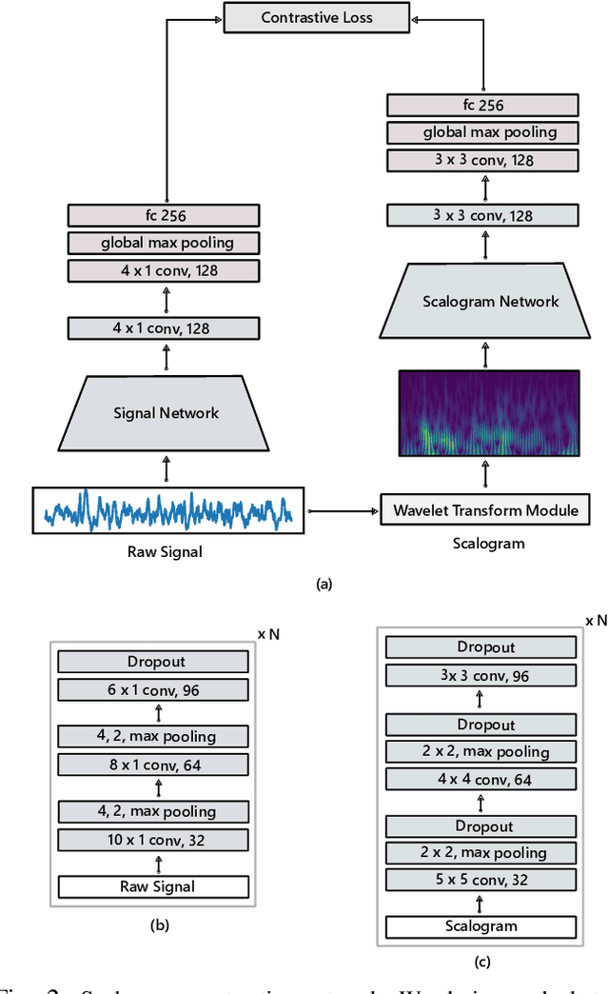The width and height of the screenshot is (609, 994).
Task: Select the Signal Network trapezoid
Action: pyautogui.click(x=167, y=412)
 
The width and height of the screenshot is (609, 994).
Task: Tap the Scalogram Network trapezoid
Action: pyautogui.click(x=490, y=302)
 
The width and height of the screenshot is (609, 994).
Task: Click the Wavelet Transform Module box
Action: pyautogui.click(x=485, y=510)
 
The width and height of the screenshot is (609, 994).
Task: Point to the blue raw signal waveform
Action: pyautogui.click(x=167, y=510)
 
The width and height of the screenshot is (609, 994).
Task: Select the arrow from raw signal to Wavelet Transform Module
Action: pyautogui.click(x=342, y=511)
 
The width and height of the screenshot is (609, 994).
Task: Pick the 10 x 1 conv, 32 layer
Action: pyautogui.click(x=153, y=840)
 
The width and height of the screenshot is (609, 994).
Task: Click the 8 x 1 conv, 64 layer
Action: pyautogui.click(x=153, y=765)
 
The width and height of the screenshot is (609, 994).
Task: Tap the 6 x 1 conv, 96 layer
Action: pyautogui.click(x=153, y=689)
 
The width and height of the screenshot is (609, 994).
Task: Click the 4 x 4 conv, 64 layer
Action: pyautogui.click(x=481, y=780)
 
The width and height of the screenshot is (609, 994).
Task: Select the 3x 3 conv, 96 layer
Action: pyautogui.click(x=481, y=676)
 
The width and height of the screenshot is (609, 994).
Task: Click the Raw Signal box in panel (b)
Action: pyautogui.click(x=153, y=886)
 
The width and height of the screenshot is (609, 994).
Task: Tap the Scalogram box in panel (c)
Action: pyautogui.click(x=481, y=926)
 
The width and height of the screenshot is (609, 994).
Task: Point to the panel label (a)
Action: pyautogui.click(x=324, y=586)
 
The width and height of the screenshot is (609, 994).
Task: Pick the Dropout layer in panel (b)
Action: pyautogui.click(x=153, y=662)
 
